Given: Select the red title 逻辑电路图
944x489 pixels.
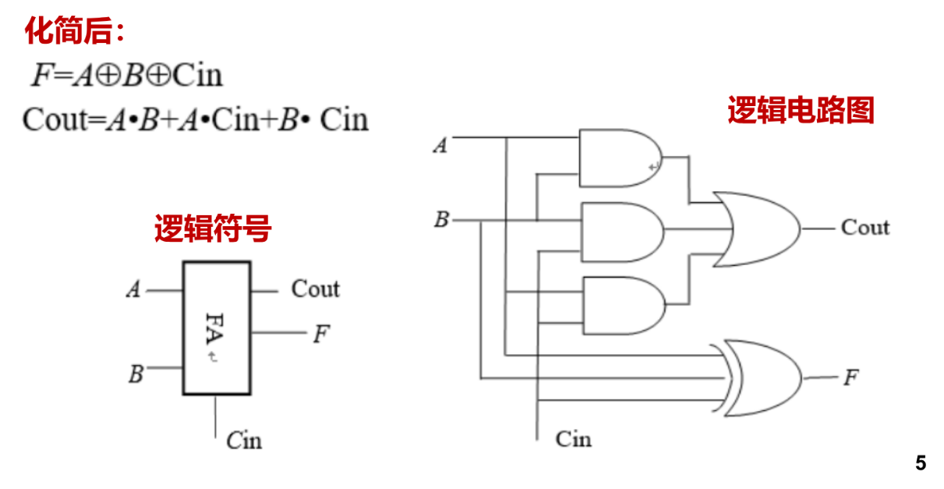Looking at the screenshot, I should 801,110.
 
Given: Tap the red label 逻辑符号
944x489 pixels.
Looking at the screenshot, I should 212,229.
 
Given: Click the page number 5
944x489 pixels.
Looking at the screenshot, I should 921,463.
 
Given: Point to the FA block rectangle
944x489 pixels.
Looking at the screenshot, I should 217,328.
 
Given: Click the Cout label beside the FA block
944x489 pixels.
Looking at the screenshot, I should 315,289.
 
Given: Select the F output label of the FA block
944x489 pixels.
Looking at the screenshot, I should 321,335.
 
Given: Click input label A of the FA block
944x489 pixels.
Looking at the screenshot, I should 134,291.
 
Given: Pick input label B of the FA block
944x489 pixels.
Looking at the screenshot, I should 136,375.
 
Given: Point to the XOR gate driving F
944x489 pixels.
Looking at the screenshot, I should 762,378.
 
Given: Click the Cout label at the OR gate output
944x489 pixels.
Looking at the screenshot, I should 864,228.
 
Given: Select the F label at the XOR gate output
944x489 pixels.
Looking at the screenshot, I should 850,379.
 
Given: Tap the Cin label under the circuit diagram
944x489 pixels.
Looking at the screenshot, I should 573,438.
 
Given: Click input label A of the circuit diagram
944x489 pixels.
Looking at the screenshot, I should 440,145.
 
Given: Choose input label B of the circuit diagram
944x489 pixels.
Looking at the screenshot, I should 441,220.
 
